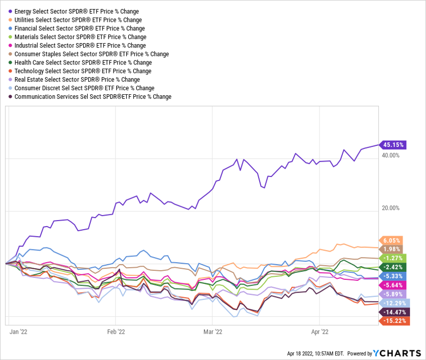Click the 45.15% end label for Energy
[394, 145]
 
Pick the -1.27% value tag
[392, 258]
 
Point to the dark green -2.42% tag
[392, 267]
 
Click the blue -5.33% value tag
[392, 276]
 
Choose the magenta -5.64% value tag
[392, 284]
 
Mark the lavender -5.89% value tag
[392, 294]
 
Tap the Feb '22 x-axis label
[116, 332]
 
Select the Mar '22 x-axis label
[212, 332]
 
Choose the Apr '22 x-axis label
[319, 332]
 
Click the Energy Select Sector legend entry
[77, 11]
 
